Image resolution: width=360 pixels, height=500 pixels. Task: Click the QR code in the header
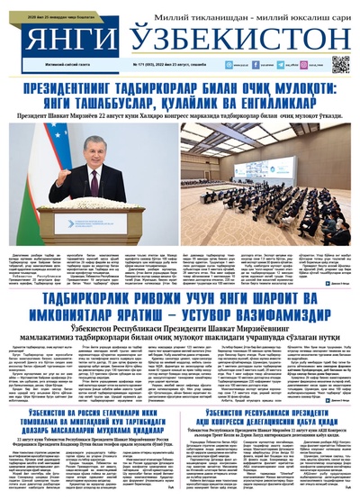(x=339, y=64)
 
